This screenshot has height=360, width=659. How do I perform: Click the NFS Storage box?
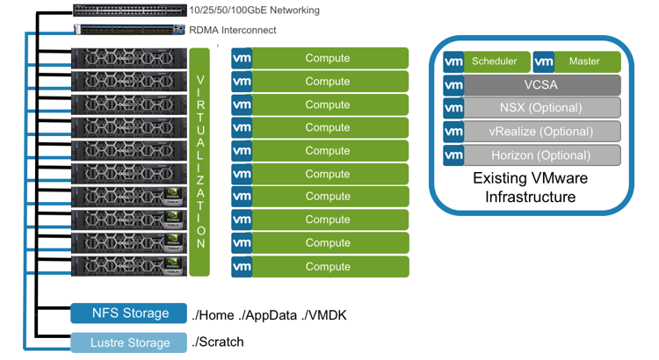pyautogui.click(x=130, y=313)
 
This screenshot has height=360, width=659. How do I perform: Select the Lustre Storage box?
pyautogui.click(x=130, y=342)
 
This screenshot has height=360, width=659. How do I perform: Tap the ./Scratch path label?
pyautogui.click(x=218, y=342)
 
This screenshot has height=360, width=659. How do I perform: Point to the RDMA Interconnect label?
pyautogui.click(x=234, y=31)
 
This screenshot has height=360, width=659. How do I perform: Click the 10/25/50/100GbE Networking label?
pyautogui.click(x=254, y=11)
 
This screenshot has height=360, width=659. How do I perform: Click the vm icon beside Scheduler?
pyautogui.click(x=453, y=61)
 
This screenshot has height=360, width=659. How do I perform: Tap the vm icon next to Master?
pyautogui.click(x=544, y=61)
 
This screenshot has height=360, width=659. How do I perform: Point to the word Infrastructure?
pyautogui.click(x=530, y=197)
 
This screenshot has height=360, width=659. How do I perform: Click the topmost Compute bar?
pyautogui.click(x=329, y=58)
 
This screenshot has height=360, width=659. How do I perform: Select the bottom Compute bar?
pyautogui.click(x=329, y=266)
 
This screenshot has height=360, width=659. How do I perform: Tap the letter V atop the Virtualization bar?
pyautogui.click(x=200, y=80)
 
